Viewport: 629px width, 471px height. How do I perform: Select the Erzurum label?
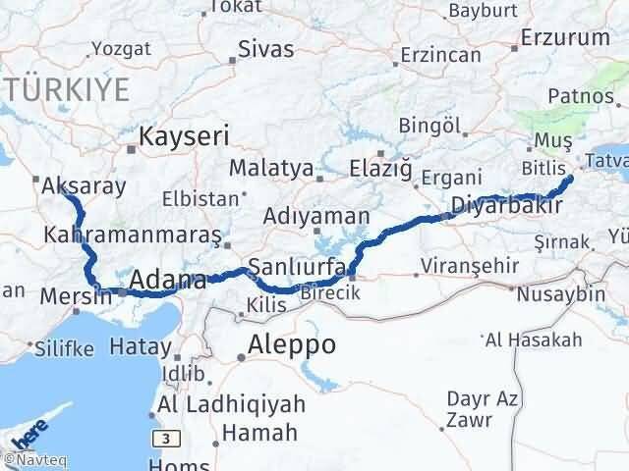pos(565,38)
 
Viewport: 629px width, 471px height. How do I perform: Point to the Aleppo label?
pos(293,345)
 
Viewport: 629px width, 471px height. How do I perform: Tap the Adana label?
pos(167,280)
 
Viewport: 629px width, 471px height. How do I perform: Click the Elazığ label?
pos(379,169)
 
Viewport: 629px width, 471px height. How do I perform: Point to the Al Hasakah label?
pos(533,340)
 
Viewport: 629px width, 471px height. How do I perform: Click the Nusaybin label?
pos(562,294)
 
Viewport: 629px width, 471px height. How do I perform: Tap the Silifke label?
pos(64,348)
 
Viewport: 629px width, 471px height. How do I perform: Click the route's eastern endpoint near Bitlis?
pos(570,179)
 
